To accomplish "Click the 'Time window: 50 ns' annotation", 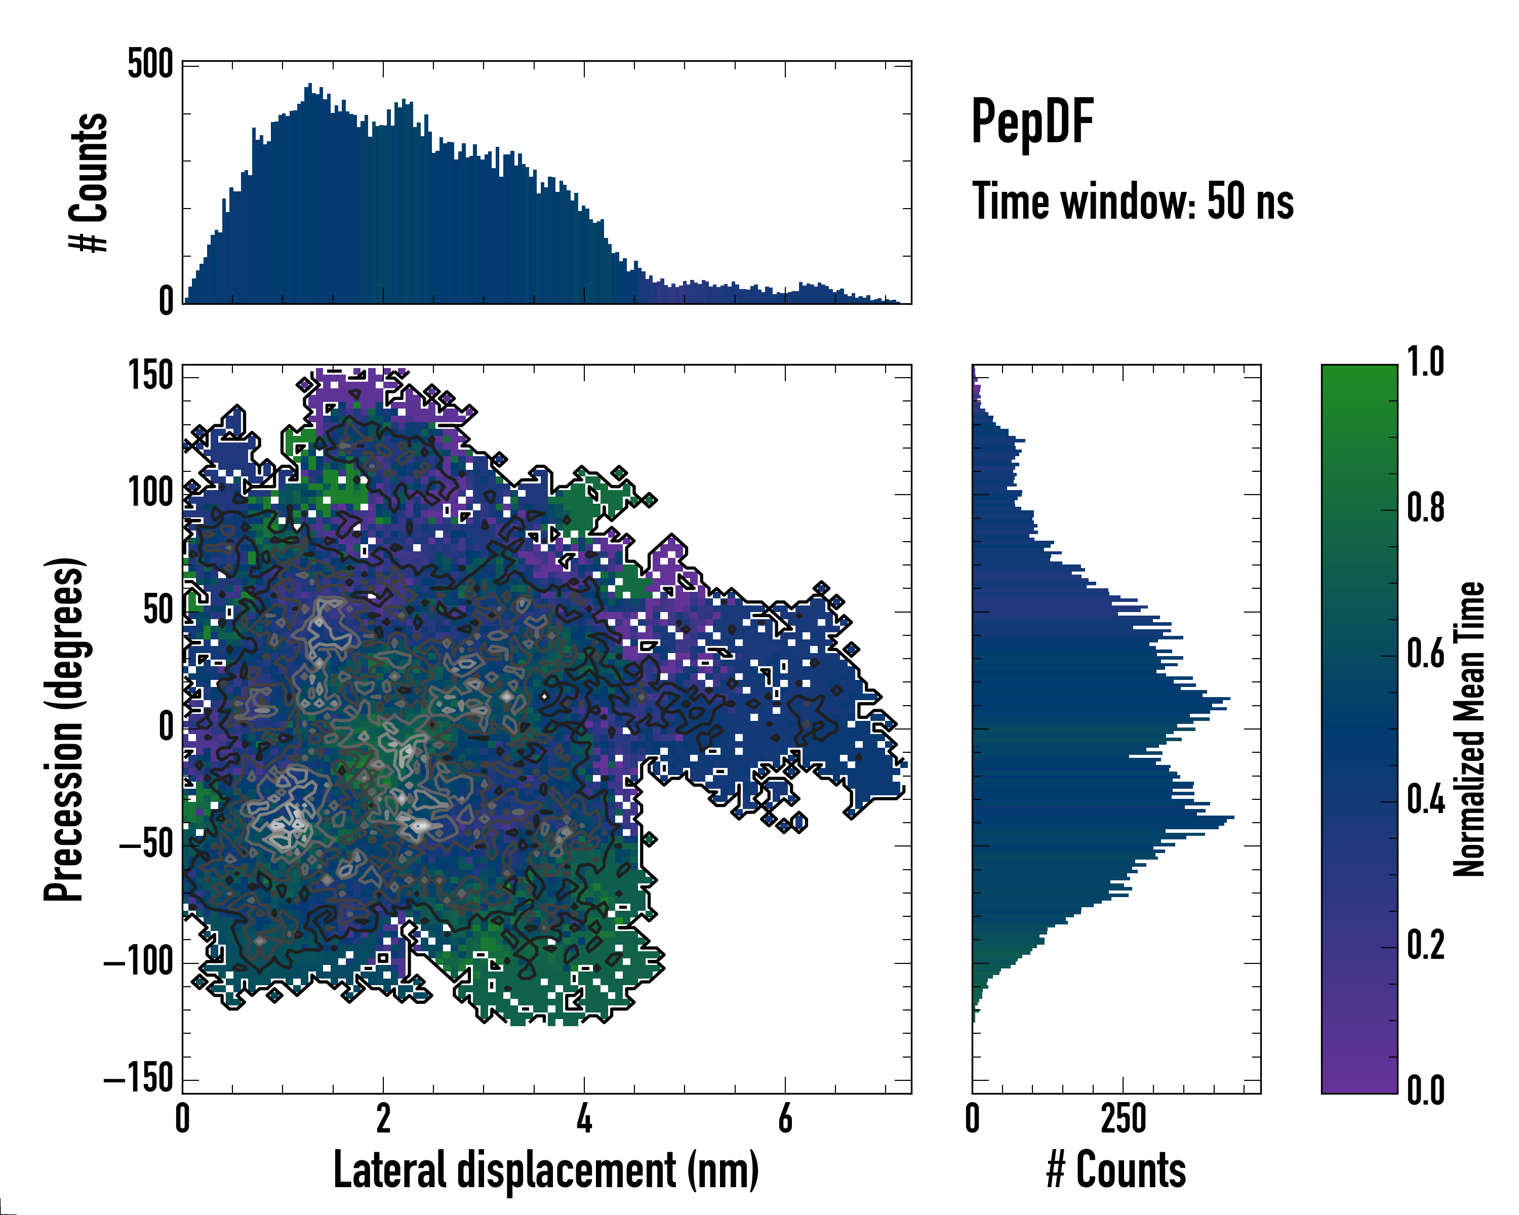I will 1132,201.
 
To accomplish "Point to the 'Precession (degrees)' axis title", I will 64,729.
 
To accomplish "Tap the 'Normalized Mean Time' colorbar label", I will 1468,729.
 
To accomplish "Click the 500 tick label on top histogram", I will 150,65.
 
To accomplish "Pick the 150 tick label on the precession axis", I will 150,376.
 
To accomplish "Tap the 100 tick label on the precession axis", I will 150,493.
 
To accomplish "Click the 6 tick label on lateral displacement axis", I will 785,1118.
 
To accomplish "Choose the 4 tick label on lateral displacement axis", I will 584,1118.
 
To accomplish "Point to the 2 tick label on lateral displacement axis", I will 383,1118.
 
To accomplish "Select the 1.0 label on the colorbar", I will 1425,363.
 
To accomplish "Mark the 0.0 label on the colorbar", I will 1425,1090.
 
